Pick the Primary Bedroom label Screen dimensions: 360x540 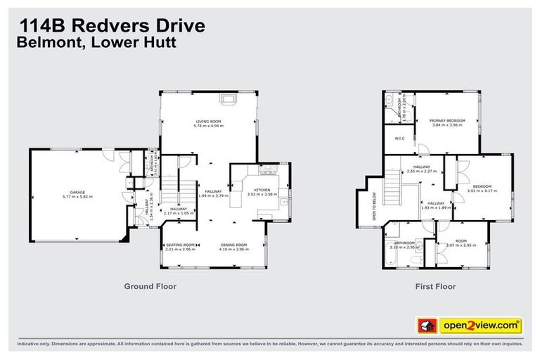point(444,121)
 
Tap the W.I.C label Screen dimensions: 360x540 point(399,138)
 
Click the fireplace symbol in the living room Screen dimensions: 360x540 point(228,100)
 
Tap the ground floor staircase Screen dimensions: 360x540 point(173,190)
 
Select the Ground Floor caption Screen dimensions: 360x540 point(150,286)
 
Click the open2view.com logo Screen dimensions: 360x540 point(480,326)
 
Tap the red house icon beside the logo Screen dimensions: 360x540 point(426,326)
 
